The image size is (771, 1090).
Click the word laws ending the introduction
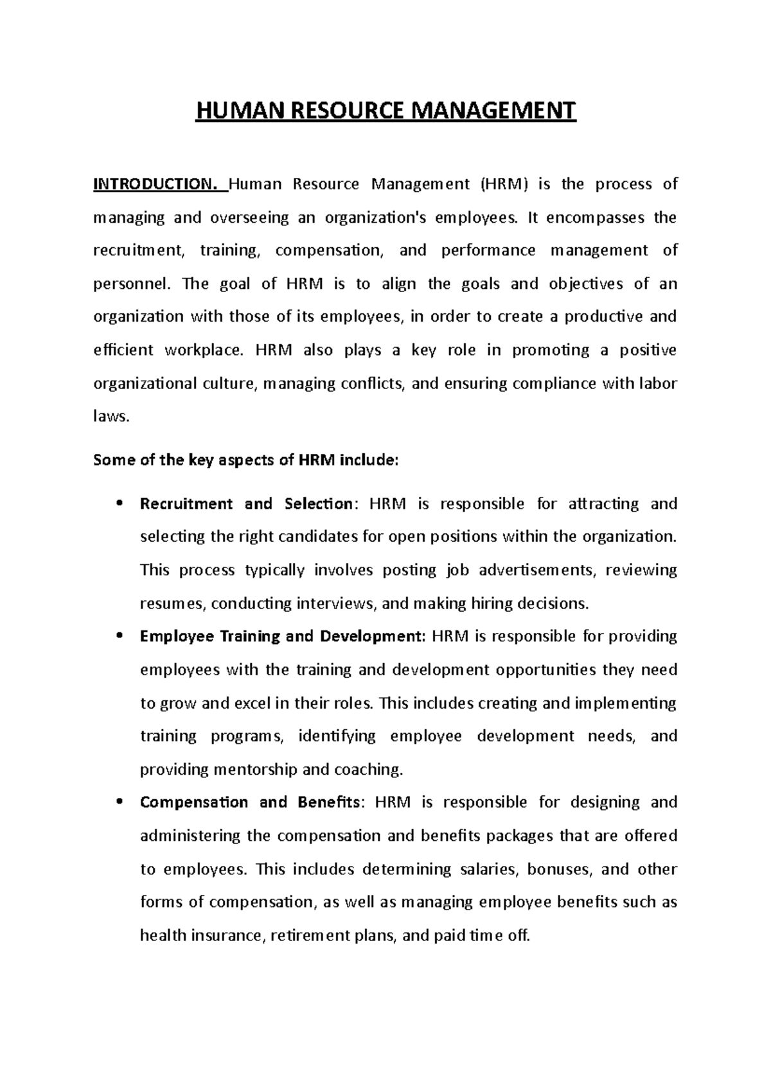point(111,417)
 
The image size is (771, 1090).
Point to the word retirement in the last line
point(310,935)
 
